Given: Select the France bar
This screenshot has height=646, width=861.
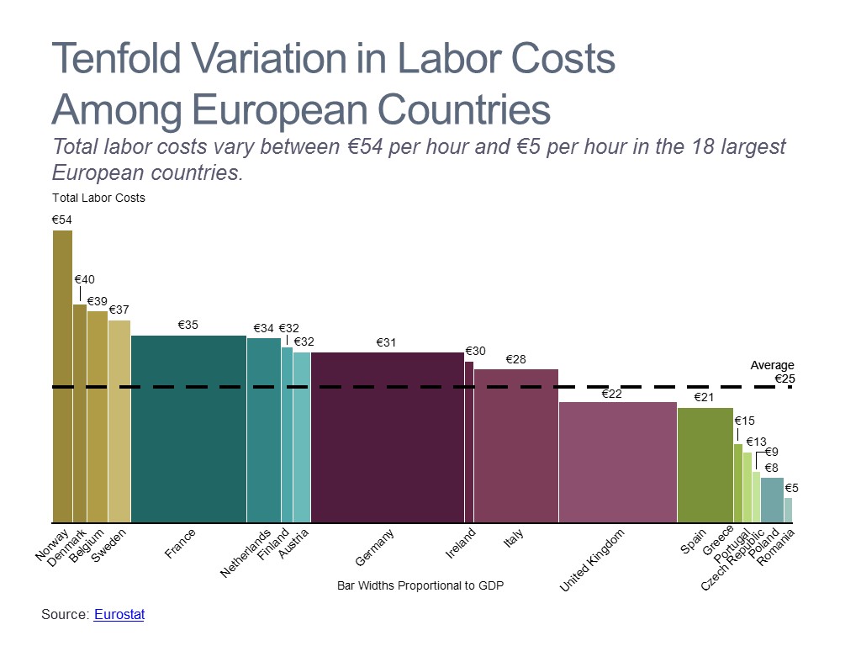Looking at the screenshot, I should (x=188, y=429).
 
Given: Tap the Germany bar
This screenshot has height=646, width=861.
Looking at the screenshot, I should (x=387, y=437).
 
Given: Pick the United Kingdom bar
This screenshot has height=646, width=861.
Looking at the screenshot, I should (x=617, y=462).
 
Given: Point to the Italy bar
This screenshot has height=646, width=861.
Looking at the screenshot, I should (x=515, y=446).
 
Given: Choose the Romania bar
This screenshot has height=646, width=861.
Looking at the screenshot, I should (x=788, y=510).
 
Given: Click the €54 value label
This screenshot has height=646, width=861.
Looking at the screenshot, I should (x=62, y=220).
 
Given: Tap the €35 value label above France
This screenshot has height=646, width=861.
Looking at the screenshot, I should (x=188, y=325).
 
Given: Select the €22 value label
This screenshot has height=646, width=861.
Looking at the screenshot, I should (x=611, y=393).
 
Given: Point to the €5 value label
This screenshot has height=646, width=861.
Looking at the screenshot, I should (x=792, y=488).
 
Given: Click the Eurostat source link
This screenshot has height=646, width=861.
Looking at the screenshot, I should (x=119, y=615).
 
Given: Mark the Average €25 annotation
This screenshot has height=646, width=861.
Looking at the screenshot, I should (x=773, y=372).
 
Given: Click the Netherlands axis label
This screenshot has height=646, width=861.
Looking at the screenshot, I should (x=246, y=553).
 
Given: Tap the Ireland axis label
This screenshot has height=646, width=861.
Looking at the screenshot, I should (x=461, y=543).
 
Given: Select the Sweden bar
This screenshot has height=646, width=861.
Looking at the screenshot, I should (x=119, y=421).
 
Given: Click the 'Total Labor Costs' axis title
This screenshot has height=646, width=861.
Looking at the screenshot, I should (x=98, y=199).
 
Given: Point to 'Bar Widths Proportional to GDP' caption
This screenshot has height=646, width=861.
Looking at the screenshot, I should (x=420, y=585).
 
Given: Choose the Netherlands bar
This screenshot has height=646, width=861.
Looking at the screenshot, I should (x=263, y=430).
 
